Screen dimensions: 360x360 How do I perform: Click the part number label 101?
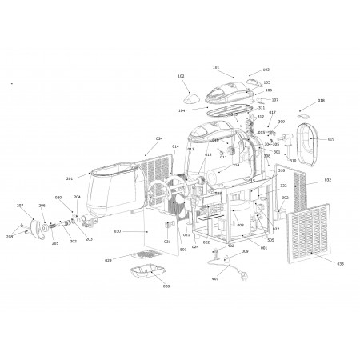tap(216, 67)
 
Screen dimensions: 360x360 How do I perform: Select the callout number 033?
tap(339, 263)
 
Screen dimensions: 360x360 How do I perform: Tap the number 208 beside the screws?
tap(10, 237)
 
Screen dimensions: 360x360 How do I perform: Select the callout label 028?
tap(166, 286)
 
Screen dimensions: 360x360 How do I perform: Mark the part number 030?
tap(117, 231)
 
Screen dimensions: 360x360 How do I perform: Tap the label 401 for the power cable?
tap(214, 279)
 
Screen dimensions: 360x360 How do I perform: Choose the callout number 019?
tap(330, 138)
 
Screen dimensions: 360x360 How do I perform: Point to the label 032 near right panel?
tap(328, 180)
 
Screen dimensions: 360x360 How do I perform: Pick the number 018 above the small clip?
tap(321, 101)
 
